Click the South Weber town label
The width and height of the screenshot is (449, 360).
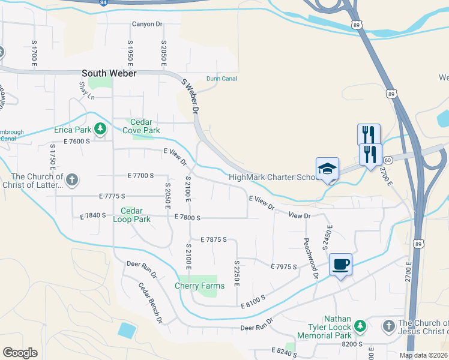coord(109,73)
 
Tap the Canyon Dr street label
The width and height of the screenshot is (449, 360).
coord(146,25)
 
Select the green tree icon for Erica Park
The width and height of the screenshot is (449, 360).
coord(100,129)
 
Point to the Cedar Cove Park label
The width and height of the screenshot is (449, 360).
coord(142,127)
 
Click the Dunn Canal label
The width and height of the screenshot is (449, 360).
coord(221,79)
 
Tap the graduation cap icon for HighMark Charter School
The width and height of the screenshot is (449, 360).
coord(328,169)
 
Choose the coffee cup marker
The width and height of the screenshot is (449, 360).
coord(340,264)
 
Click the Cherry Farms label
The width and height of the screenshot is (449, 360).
coord(200,286)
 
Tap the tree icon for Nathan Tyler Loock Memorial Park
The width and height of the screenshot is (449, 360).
coord(360,326)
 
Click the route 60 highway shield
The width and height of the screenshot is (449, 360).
coord(388,160)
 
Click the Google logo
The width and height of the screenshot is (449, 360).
coord(20,352)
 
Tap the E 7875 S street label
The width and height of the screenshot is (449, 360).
coord(214,239)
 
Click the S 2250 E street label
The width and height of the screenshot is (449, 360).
coord(237,273)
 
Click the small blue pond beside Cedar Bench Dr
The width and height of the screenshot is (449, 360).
coord(127,330)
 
